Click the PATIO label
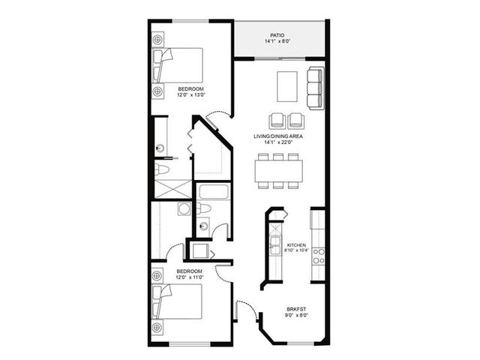tap(277, 35)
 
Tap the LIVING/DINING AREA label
tap(278, 136)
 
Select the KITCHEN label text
tap(296, 245)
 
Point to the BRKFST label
tap(296, 309)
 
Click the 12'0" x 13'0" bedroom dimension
tap(190, 95)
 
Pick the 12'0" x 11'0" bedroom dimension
tap(190, 277)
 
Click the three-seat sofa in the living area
tap(316, 88)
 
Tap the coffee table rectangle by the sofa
tap(286, 86)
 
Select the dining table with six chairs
tap(278, 171)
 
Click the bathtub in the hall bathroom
tap(214, 192)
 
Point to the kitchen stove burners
tap(318, 256)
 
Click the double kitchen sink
tap(275, 245)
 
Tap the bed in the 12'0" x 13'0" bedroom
tap(178, 65)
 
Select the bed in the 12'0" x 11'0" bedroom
tap(177, 301)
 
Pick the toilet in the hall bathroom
tap(204, 208)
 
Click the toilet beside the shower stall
tap(162, 169)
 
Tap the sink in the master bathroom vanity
tap(160, 148)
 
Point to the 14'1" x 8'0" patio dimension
tap(277, 41)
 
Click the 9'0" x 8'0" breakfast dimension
tap(296, 315)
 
